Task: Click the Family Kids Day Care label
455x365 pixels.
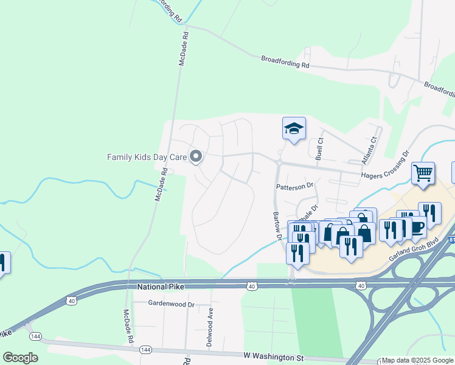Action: pos(147,157)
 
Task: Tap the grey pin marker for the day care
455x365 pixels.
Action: pos(196,157)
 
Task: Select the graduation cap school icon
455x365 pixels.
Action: pos(294,128)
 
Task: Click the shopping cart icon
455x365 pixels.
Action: pos(423,173)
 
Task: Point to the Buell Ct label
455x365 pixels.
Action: pos(319,145)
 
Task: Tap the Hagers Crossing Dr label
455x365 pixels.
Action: pos(386,166)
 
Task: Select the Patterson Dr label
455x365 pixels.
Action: pos(294,186)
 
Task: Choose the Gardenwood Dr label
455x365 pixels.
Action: pos(171,303)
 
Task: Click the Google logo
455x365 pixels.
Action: pos(20,357)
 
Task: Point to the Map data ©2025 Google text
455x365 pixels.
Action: pos(417,361)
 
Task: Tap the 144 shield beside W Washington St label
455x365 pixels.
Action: pos(145,350)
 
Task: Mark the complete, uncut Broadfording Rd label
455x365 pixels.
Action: pos(285,61)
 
